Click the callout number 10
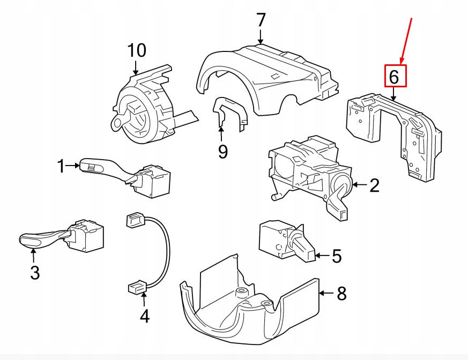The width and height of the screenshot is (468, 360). (x=137, y=51)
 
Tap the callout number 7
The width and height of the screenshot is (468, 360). (x=261, y=20)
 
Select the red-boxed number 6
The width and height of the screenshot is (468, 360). (x=394, y=76)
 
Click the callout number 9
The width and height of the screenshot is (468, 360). (x=222, y=152)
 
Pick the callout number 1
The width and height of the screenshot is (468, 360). (x=61, y=167)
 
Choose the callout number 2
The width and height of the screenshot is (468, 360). (x=374, y=185)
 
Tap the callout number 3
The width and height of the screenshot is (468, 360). (x=35, y=273)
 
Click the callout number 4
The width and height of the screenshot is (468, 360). (x=144, y=317)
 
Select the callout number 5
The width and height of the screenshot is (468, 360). (x=336, y=256)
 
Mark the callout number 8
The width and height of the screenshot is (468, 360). (x=341, y=293)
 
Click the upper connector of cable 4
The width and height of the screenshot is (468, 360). (x=135, y=220)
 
